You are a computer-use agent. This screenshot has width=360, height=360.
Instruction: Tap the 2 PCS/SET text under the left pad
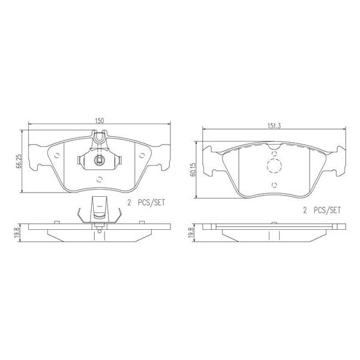144,204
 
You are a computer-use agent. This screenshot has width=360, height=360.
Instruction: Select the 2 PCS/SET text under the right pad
320,210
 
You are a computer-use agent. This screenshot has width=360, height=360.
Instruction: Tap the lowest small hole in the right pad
273,184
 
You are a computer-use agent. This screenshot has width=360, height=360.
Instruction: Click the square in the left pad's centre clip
100,160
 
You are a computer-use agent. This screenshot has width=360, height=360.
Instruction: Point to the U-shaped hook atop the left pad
101,140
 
